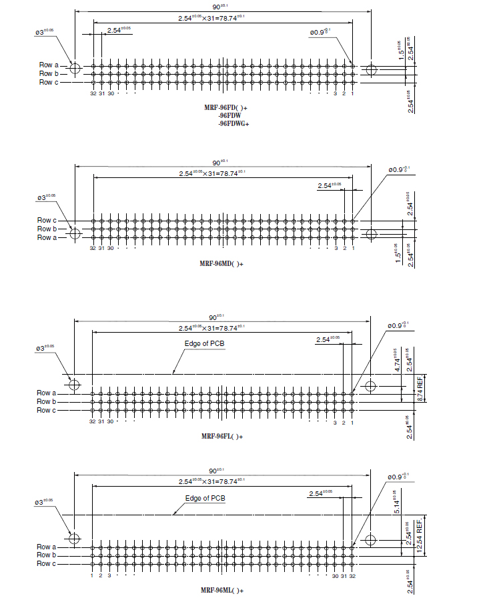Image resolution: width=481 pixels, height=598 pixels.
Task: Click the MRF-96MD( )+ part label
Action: click(x=222, y=264)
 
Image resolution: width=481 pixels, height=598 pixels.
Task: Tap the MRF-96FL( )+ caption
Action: click(x=222, y=437)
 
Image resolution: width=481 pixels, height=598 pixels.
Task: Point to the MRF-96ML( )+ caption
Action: click(x=222, y=590)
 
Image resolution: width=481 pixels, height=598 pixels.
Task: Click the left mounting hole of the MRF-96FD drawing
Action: click(x=74, y=69)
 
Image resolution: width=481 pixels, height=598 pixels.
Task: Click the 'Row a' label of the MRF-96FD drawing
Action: click(x=48, y=65)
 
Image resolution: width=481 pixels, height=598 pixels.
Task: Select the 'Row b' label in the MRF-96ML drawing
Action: click(x=47, y=555)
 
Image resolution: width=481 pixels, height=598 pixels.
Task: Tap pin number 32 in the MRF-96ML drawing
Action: click(x=352, y=575)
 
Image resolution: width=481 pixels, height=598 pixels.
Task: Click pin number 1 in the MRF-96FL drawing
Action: click(x=352, y=421)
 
